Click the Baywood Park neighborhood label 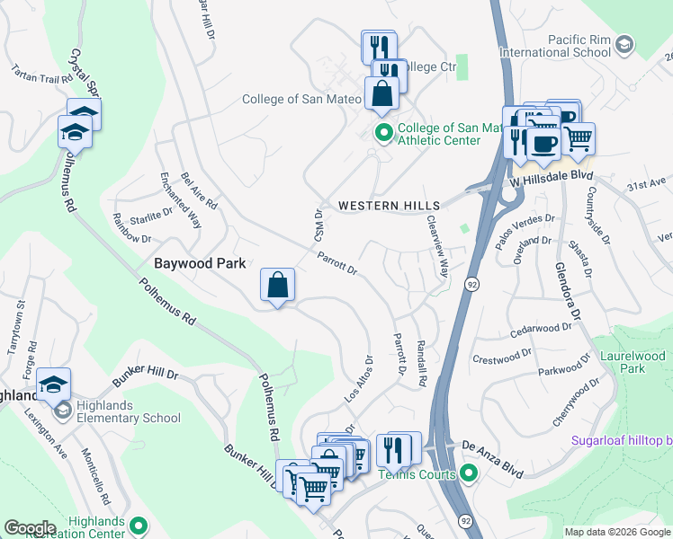point(194,263)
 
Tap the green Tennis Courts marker point(467,473)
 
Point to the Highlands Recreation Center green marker point(139,525)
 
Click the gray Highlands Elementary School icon point(62,411)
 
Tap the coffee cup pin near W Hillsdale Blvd point(543,143)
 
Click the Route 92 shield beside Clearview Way point(471,284)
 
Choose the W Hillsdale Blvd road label point(552,181)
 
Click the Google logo point(31,528)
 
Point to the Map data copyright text point(617,532)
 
